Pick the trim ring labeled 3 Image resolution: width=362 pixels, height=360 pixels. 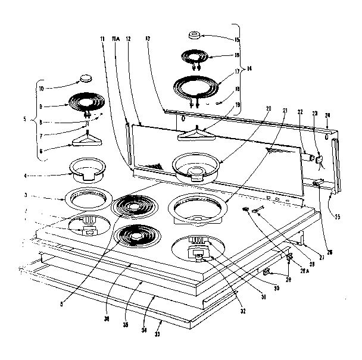pyautogui.click(x=87, y=196)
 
